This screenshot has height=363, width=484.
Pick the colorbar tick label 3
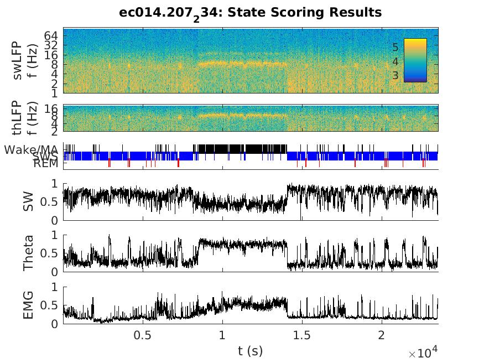coord(395,75)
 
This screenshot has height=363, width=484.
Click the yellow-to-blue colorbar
coord(415,60)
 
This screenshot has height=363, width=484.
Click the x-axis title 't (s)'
coord(251,350)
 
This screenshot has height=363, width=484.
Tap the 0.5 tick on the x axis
coord(143,335)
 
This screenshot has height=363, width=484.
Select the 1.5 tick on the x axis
coord(302,335)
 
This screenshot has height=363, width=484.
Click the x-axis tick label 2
coord(381,335)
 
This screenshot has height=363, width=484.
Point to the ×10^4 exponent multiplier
coord(423,353)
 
